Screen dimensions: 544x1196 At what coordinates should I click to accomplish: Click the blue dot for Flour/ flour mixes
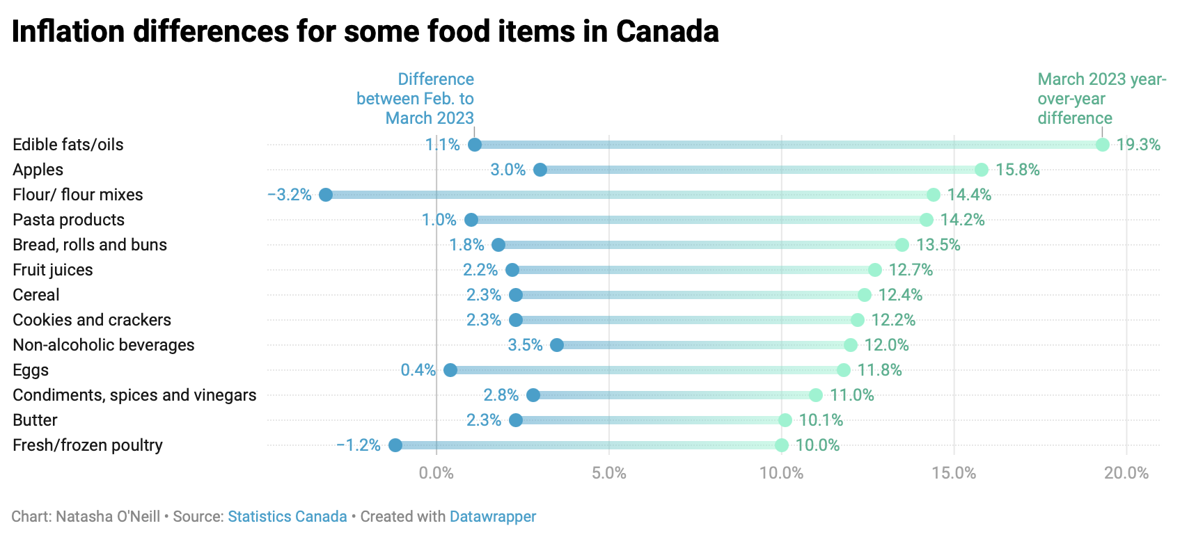tap(326, 195)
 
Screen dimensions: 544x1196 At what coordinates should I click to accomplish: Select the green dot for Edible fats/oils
tap(1103, 145)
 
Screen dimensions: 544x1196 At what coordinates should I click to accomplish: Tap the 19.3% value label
tap(1138, 145)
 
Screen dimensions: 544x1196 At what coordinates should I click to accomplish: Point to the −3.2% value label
tap(290, 195)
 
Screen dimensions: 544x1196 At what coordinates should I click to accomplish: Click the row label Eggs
tap(31, 370)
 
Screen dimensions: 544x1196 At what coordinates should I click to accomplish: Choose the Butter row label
tap(35, 420)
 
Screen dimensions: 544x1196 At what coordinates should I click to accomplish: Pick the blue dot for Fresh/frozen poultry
tap(395, 445)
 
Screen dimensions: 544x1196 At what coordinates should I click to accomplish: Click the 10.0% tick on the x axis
tap(781, 473)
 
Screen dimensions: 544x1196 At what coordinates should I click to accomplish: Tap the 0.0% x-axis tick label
tap(436, 473)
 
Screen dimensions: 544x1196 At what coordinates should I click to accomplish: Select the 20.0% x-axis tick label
tap(1126, 473)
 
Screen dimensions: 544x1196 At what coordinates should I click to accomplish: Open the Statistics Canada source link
tap(288, 517)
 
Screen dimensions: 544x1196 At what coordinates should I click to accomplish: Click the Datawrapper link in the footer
tap(493, 517)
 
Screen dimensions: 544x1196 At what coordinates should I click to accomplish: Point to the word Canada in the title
tap(667, 32)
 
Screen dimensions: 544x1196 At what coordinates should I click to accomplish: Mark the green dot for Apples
tap(982, 170)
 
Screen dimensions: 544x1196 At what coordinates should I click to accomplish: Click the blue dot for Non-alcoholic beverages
tap(557, 345)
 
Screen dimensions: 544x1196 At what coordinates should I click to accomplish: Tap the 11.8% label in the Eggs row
tap(879, 370)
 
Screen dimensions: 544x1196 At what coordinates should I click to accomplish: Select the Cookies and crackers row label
tap(92, 320)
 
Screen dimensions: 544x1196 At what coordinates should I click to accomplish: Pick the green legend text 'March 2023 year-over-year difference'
tap(1101, 99)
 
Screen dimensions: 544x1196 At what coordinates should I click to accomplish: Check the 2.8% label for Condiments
tap(501, 395)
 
